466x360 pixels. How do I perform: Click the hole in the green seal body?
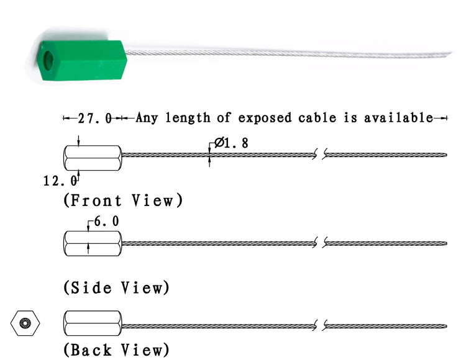48,61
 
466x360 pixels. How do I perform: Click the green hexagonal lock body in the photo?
83,60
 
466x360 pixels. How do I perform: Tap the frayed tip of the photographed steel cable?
450,53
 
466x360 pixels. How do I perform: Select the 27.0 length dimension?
95,119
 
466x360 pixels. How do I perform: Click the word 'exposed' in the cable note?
265,118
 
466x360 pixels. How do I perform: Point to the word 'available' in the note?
398,118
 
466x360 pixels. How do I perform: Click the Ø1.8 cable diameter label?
231,143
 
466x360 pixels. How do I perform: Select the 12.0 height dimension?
60,181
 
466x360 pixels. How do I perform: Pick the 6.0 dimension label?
106,222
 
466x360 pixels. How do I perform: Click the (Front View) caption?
123,200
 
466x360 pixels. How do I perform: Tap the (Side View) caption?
116,287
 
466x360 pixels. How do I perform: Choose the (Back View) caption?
116,350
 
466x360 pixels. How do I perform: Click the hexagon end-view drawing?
25,323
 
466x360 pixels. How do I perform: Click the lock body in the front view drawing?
93,158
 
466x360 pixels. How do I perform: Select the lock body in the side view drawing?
93,243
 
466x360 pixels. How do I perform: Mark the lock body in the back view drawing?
93,323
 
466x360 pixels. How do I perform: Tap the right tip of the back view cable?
446,326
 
